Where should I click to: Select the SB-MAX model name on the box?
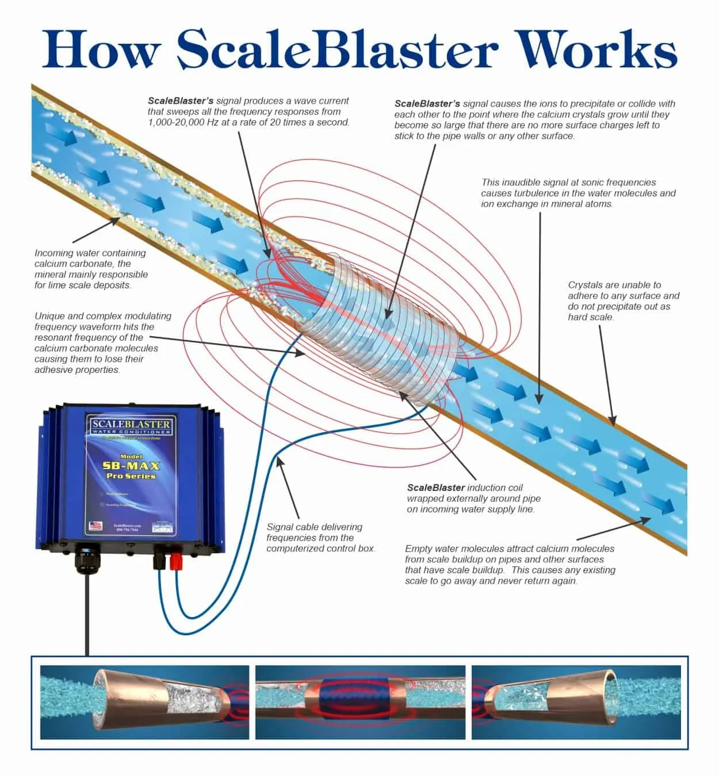131,466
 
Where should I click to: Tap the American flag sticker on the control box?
95,525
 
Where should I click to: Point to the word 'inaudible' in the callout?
521,182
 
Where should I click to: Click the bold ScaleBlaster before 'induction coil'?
436,487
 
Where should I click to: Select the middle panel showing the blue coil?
361,702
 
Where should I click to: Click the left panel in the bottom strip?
144,702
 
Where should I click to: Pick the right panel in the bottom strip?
576,702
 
